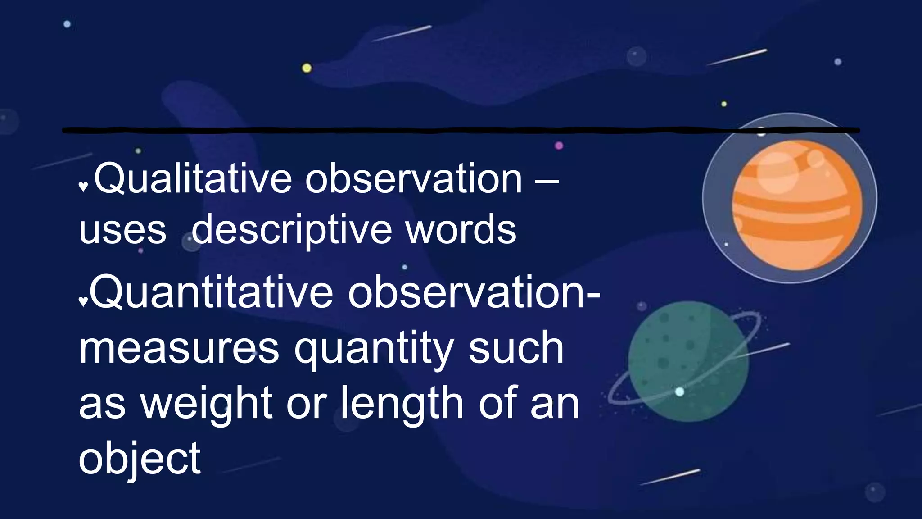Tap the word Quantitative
(x=212, y=293)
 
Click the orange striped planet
(x=797, y=205)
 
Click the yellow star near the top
(x=307, y=68)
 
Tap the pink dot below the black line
(x=559, y=146)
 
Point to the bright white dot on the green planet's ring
(x=680, y=392)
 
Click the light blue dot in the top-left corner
(x=67, y=24)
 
